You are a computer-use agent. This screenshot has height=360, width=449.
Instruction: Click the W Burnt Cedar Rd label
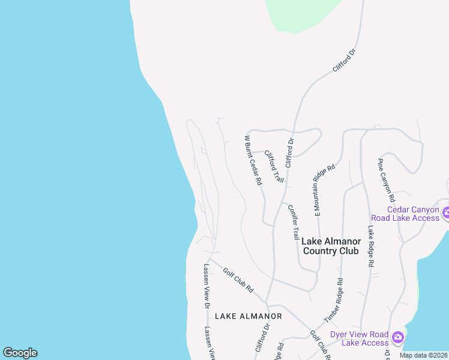click(x=253, y=160)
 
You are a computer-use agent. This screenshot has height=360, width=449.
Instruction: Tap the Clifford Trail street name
click(x=274, y=166)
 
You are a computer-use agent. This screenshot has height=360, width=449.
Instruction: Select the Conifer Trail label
click(x=293, y=223)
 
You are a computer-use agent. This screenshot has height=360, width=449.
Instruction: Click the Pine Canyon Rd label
click(x=386, y=179)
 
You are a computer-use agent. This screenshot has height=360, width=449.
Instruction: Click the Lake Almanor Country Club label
click(x=330, y=246)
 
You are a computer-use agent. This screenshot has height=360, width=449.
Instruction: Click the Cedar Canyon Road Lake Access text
click(x=405, y=214)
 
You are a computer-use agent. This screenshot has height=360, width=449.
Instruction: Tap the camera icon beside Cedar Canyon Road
click(x=446, y=213)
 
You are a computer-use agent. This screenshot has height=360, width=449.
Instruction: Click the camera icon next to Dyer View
click(x=397, y=338)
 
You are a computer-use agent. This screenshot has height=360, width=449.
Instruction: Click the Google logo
click(x=20, y=353)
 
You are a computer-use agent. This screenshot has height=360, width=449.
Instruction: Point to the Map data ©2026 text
click(x=423, y=355)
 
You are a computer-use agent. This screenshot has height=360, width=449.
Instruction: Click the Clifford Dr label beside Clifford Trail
click(x=289, y=152)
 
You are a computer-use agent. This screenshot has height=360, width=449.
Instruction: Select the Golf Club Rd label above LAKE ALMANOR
click(x=238, y=280)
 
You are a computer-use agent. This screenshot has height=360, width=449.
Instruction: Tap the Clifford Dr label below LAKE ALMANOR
click(x=262, y=340)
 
